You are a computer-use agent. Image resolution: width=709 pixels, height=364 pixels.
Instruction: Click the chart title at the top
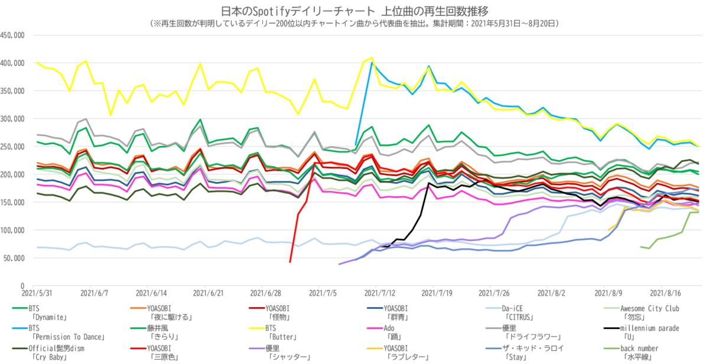[x=354, y=11]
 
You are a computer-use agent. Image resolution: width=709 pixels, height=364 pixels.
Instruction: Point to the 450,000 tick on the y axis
[x=12, y=35]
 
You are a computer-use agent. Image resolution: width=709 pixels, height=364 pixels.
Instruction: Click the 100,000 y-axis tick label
[x=12, y=230]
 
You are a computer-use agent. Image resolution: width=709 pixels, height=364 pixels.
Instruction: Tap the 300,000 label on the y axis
[x=12, y=119]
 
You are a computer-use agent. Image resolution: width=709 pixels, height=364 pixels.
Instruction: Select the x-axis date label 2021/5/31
[x=35, y=292]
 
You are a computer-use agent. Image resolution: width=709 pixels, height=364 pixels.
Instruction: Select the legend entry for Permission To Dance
[x=59, y=332]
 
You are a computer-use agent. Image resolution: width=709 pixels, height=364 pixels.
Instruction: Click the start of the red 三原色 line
[x=290, y=262]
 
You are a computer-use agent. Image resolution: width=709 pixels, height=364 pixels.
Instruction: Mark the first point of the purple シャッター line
[x=339, y=264]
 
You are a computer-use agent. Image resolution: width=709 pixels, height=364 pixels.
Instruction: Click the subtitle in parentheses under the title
[x=354, y=24]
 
